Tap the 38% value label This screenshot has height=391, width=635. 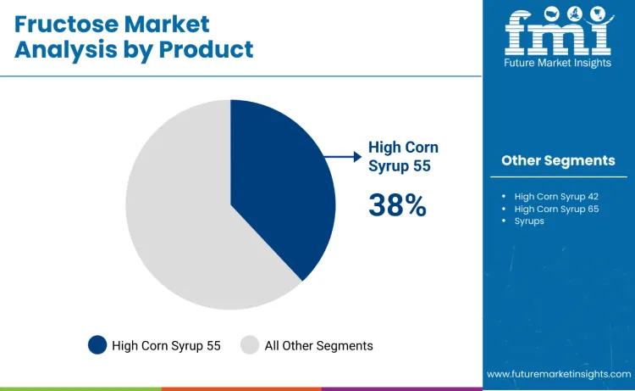397,204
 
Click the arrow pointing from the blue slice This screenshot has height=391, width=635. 343,156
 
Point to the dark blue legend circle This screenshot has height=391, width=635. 97,345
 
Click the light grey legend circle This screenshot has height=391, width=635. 250,345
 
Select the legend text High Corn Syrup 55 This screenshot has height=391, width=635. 166,345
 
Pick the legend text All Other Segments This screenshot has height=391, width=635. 318,345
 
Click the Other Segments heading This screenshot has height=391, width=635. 558,160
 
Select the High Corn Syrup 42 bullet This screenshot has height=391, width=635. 556,196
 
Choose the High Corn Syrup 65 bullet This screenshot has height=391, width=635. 556,209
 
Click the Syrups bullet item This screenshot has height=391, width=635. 529,221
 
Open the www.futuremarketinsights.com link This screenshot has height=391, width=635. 559,374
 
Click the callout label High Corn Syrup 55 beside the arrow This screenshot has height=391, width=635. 403,156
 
